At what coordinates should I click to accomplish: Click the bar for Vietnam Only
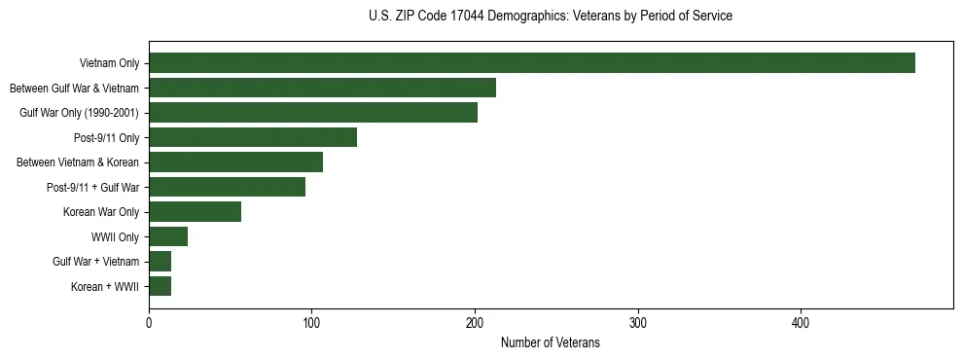(532, 63)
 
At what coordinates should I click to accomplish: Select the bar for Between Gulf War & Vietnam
(322, 88)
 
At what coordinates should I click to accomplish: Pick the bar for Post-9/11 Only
(253, 137)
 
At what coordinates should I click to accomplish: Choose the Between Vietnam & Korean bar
(235, 162)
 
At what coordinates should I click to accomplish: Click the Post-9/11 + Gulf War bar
(227, 187)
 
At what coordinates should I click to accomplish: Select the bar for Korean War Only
(195, 211)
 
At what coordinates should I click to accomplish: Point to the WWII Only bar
(168, 236)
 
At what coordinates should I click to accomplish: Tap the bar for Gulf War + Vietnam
(160, 261)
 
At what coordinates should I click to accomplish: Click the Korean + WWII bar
(160, 286)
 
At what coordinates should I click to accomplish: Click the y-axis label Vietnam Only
(109, 64)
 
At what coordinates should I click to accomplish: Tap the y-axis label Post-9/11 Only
(107, 138)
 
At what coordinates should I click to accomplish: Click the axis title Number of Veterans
(550, 343)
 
